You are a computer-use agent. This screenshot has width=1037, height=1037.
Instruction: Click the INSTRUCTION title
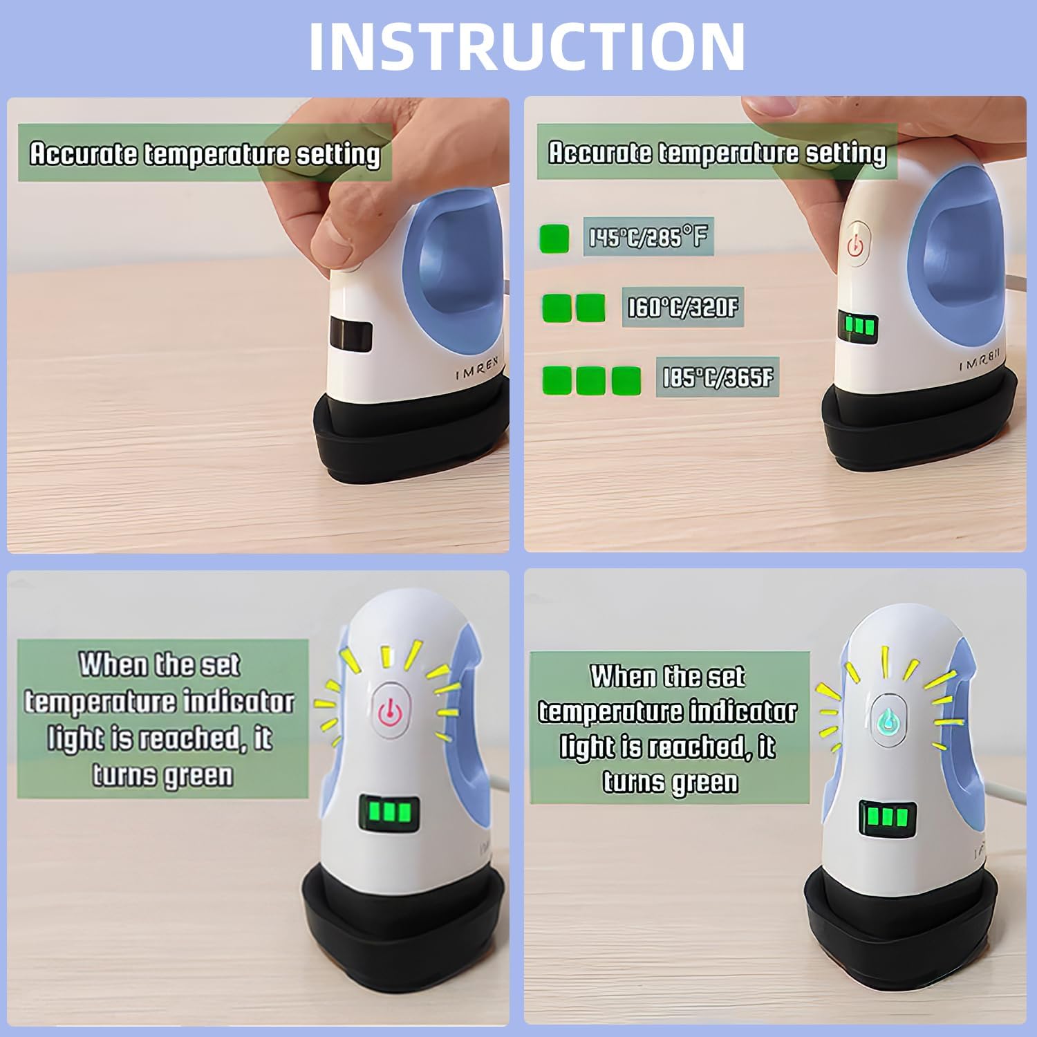(527, 46)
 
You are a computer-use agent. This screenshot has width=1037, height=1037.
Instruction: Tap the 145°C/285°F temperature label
(648, 238)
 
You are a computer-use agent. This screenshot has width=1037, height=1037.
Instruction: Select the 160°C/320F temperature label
(682, 308)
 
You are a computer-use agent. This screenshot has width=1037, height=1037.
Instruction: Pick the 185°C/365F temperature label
(717, 378)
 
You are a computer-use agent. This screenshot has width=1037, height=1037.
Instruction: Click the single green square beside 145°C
(554, 239)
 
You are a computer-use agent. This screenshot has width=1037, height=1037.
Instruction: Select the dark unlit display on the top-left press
(351, 335)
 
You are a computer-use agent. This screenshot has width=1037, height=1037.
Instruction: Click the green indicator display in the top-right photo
(858, 325)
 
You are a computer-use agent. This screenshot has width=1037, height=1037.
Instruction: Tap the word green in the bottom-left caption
(197, 776)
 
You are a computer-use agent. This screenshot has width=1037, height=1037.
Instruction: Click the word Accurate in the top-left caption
(84, 153)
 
